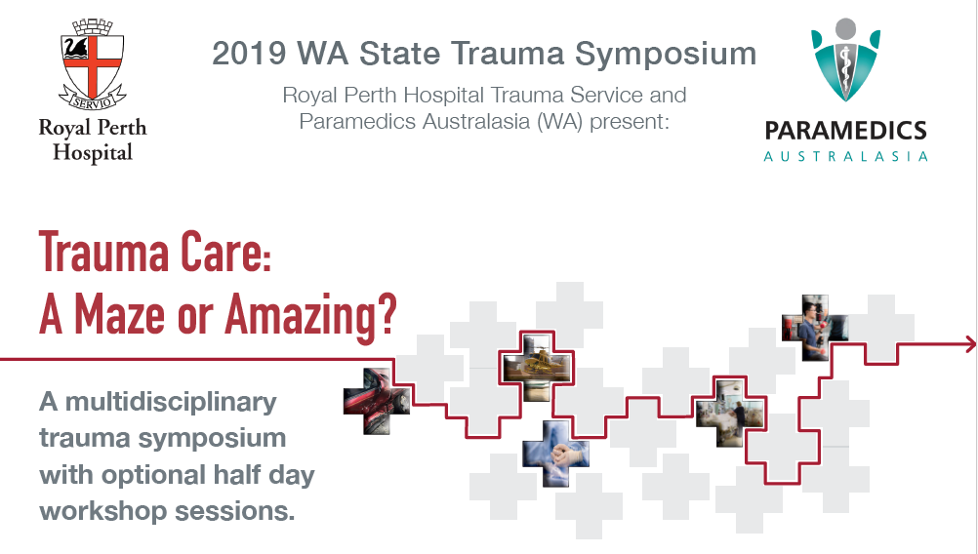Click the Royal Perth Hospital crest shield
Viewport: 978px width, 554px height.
(x=93, y=62)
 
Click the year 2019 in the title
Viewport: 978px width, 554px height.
(x=250, y=54)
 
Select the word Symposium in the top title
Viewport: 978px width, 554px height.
(x=666, y=55)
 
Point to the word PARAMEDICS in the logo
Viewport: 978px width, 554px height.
(x=846, y=131)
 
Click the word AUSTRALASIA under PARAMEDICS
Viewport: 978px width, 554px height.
(x=846, y=156)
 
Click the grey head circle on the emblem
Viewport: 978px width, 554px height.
(x=846, y=28)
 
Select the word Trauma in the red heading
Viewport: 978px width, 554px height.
(x=103, y=252)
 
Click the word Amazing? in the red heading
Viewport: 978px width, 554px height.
(x=310, y=315)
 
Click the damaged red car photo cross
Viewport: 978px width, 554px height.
(x=377, y=401)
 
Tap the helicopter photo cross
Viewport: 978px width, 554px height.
(x=537, y=367)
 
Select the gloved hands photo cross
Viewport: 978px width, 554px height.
(x=555, y=454)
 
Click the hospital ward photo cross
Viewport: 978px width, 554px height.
(x=730, y=414)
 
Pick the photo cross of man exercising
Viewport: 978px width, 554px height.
(x=815, y=328)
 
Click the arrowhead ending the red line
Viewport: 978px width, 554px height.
(x=970, y=343)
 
